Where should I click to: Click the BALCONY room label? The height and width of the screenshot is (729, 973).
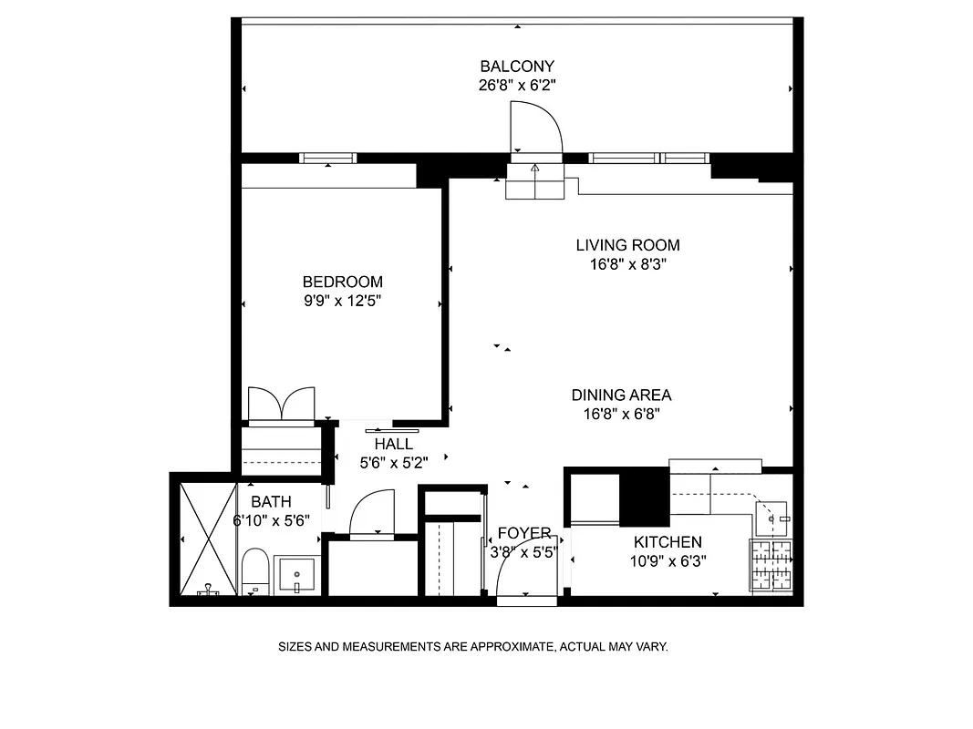(517, 67)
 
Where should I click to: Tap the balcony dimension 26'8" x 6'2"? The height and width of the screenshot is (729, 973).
(517, 85)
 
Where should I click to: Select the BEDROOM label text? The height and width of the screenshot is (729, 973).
(343, 282)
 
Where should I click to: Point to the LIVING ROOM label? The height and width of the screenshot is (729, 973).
(627, 245)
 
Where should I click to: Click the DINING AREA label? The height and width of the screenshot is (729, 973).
(621, 395)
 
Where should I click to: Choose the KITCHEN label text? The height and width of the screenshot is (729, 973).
(668, 542)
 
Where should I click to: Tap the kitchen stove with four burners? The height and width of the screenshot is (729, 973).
(771, 565)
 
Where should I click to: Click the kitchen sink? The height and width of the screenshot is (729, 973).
(772, 519)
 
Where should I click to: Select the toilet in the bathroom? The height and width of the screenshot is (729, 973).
(254, 570)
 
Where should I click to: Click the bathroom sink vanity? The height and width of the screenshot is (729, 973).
(296, 574)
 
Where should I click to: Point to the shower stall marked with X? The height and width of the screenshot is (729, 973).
(206, 538)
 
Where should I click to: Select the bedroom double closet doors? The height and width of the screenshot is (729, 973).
(282, 405)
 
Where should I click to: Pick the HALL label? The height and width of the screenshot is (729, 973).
(393, 445)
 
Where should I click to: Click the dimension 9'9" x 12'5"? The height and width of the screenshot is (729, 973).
(343, 301)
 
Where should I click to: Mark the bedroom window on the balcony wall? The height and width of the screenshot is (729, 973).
(328, 159)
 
